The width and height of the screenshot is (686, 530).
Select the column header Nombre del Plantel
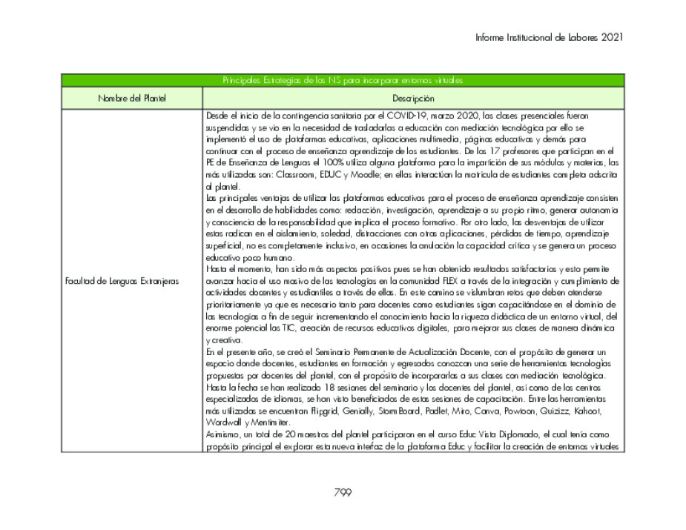(132, 98)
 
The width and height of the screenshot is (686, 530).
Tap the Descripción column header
(413, 98)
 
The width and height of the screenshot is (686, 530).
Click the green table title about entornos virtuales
(343, 80)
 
